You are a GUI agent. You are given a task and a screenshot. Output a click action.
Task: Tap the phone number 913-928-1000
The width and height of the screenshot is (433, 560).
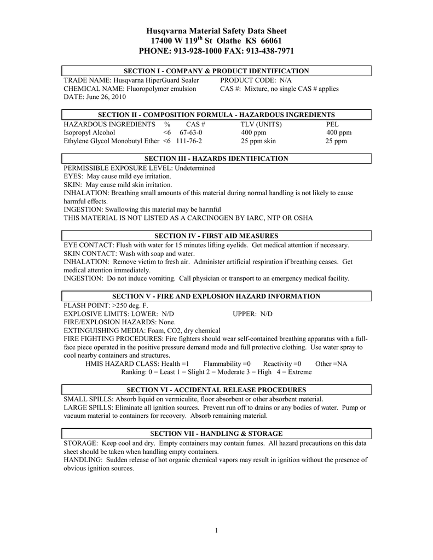[x=198, y=51]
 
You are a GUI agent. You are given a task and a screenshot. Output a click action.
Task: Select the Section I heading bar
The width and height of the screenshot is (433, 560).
[x=216, y=71]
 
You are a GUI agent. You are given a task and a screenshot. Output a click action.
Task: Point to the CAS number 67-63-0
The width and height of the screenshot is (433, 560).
[x=190, y=132]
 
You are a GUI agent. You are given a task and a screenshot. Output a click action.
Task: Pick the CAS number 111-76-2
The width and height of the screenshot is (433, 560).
[x=189, y=141]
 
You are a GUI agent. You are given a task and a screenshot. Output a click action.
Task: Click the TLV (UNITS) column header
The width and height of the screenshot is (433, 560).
[x=262, y=124]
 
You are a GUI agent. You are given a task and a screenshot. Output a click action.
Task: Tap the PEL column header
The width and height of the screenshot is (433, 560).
[x=332, y=124]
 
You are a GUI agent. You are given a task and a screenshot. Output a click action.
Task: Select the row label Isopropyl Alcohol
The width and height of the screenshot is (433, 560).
[x=89, y=132]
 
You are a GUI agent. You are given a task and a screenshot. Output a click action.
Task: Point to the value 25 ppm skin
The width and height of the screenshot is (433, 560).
[x=258, y=141]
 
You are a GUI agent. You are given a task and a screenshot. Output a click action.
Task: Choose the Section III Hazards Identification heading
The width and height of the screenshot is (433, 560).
[x=216, y=159]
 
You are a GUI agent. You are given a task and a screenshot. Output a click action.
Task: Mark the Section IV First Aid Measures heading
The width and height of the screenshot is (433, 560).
[x=216, y=236]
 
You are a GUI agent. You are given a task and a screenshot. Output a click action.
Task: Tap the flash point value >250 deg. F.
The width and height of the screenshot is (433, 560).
[x=130, y=305]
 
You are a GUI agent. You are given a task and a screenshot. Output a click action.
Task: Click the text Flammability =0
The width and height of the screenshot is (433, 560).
[x=227, y=364]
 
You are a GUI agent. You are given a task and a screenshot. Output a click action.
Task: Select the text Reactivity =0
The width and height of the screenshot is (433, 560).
[x=282, y=364]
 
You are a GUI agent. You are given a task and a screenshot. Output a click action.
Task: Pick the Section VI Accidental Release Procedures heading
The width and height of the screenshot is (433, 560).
[x=216, y=390]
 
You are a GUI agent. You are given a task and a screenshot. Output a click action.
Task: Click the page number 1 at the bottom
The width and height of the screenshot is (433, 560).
[x=217, y=530]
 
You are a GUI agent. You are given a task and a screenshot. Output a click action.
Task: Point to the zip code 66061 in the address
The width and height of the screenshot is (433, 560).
[x=270, y=41]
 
